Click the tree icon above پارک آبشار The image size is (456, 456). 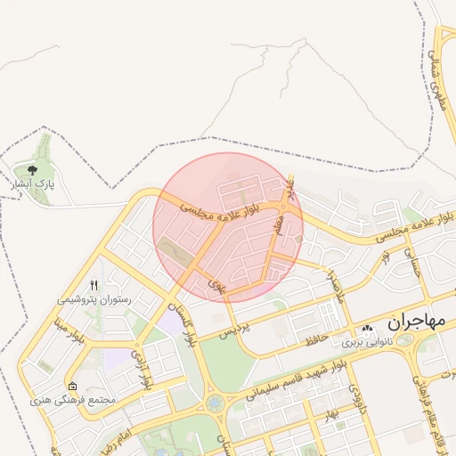(33, 169)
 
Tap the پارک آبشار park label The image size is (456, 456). (33, 184)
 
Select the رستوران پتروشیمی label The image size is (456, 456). (94, 301)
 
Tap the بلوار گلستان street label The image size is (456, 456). (191, 324)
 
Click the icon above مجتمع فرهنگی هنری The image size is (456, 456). (72, 387)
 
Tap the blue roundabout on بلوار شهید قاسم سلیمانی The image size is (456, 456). (215, 403)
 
